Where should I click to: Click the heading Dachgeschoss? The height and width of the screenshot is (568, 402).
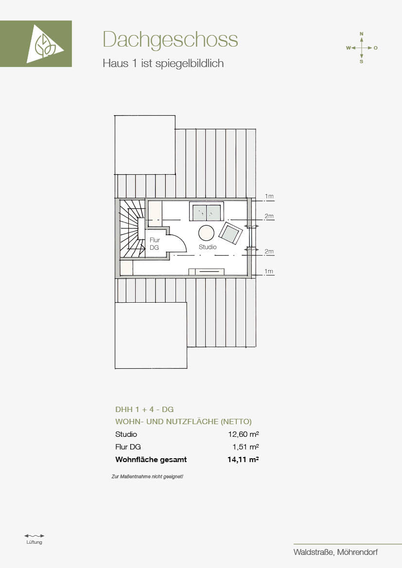(x=170, y=40)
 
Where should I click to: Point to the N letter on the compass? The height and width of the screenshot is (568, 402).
(x=361, y=34)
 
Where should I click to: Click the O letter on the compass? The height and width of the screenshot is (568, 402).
(x=376, y=48)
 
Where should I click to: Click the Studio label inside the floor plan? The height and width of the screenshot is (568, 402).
(x=208, y=247)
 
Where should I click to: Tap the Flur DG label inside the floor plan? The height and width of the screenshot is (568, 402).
(x=155, y=244)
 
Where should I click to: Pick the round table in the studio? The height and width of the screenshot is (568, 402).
(x=206, y=233)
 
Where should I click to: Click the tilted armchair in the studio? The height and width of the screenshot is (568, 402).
(x=230, y=233)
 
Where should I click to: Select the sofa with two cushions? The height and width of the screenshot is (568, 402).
(x=206, y=211)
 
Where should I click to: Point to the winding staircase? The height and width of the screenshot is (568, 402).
(x=130, y=229)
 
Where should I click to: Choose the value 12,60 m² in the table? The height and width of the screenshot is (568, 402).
(x=243, y=434)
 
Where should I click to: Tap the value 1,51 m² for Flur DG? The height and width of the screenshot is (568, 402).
(x=245, y=447)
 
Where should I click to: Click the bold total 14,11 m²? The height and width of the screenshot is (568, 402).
(x=243, y=460)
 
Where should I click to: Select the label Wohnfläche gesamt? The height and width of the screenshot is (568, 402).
(x=151, y=460)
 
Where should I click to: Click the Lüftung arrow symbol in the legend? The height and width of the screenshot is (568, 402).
(x=34, y=536)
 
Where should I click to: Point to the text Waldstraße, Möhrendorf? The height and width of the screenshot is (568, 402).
(x=336, y=552)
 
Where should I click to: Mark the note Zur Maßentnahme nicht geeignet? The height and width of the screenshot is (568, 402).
(x=147, y=477)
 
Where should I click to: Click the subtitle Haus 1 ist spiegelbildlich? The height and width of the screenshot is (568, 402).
(x=163, y=63)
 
